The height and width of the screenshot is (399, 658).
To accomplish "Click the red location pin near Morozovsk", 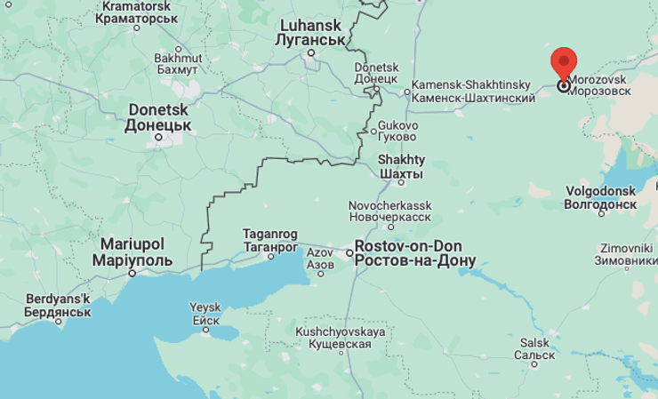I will pyautogui.click(x=564, y=64).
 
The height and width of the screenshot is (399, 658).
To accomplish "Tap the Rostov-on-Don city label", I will pyautogui.click(x=414, y=253).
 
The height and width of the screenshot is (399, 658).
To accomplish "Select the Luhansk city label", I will pyautogui.click(x=310, y=33).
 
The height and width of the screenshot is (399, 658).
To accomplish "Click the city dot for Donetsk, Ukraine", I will pyautogui.click(x=160, y=137).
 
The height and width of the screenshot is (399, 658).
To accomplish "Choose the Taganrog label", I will pyautogui.click(x=269, y=240).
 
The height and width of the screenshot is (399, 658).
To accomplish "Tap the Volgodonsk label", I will pyautogui.click(x=600, y=197).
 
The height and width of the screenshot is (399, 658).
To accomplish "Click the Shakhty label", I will pyautogui.click(x=401, y=165).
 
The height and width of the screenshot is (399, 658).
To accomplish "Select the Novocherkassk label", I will pyautogui.click(x=389, y=211).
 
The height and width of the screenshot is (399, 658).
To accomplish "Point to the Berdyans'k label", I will pyautogui.click(x=45, y=305).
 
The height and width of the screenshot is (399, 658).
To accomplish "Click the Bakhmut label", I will pyautogui.click(x=178, y=64).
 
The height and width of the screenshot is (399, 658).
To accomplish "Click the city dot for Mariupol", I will pyautogui.click(x=132, y=273).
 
